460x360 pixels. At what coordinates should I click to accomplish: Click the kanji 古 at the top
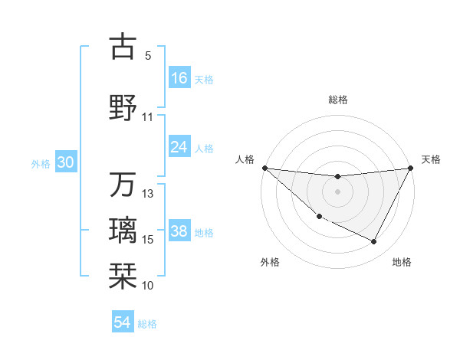tap(123, 47)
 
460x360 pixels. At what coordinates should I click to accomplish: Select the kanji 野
tap(123, 106)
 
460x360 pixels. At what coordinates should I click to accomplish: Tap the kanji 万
tap(123, 185)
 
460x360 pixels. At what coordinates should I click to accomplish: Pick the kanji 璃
tap(123, 230)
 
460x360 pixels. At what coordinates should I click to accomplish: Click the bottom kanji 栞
tap(123, 273)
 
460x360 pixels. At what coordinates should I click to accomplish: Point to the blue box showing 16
tap(179, 78)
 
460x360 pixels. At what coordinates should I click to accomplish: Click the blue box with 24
tap(179, 147)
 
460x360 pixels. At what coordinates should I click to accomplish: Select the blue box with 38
tap(179, 231)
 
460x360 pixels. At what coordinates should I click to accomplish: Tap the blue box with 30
tap(66, 162)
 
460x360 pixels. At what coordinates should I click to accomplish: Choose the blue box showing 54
tap(123, 322)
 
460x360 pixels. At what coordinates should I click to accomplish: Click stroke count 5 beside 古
tap(148, 56)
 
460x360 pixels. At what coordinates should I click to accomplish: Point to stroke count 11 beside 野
tap(148, 117)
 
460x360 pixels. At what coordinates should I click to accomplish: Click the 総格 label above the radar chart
tap(338, 100)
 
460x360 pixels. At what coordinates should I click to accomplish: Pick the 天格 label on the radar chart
tap(432, 159)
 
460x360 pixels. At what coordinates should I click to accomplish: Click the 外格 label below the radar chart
tap(270, 262)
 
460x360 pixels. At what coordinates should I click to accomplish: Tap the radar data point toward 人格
tap(264, 168)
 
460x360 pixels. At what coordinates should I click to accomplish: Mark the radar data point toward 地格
tap(374, 242)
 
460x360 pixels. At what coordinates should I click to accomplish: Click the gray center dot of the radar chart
tap(337, 191)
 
